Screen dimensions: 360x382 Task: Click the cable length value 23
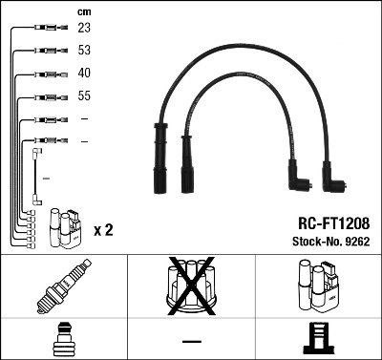pyautogui.click(x=84, y=30)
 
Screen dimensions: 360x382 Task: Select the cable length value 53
pyautogui.click(x=84, y=52)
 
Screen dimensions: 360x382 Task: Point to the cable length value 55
pyautogui.click(x=84, y=97)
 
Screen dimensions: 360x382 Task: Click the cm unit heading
pyautogui.click(x=83, y=11)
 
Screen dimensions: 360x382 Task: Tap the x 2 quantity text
pyautogui.click(x=104, y=231)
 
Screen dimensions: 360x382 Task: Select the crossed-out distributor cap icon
pyautogui.click(x=191, y=286)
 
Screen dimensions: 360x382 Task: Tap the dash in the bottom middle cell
pyautogui.click(x=191, y=341)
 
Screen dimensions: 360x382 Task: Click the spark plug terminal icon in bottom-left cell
pyautogui.click(x=63, y=341)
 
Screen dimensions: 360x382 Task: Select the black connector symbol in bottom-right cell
pyautogui.click(x=318, y=341)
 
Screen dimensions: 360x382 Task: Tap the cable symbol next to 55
pyautogui.click(x=46, y=97)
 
